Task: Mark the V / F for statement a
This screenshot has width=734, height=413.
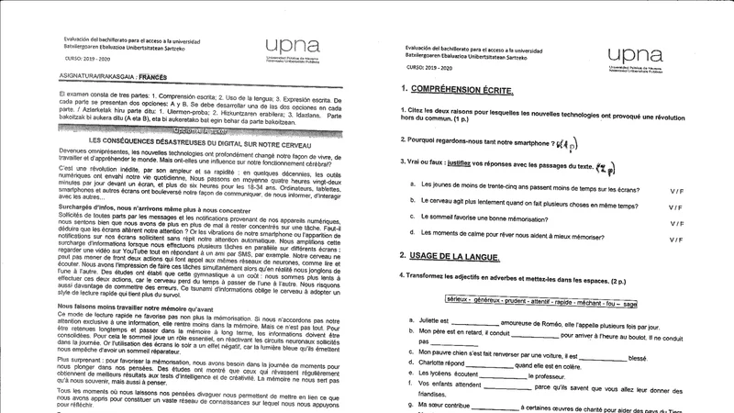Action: (x=676, y=189)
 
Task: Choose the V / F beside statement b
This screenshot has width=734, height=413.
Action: (x=676, y=206)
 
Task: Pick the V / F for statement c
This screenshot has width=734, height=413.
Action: (x=676, y=223)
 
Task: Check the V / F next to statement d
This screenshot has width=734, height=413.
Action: (x=676, y=240)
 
